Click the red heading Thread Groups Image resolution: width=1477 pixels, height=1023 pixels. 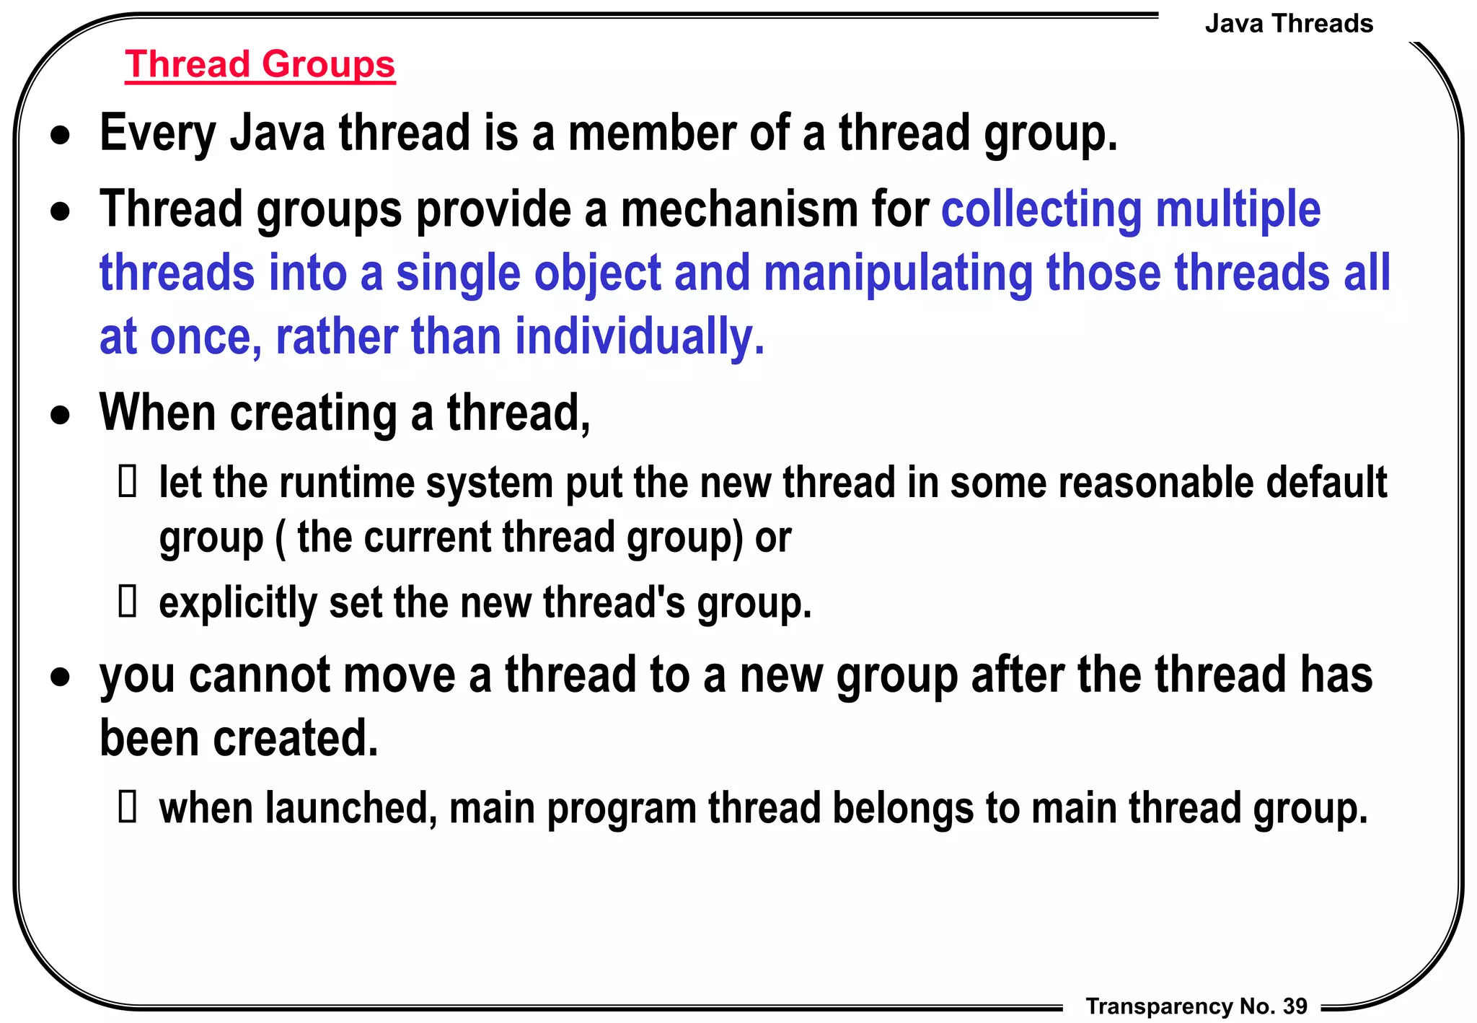(x=260, y=64)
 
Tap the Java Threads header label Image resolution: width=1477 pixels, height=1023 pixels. (x=1288, y=24)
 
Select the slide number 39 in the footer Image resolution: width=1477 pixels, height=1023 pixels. (x=1295, y=1006)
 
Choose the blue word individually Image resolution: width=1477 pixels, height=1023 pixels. (x=639, y=337)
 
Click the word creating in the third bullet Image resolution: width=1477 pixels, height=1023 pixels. (x=313, y=413)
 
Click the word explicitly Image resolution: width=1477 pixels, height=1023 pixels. (x=237, y=602)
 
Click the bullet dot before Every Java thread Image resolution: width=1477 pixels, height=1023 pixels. (x=61, y=136)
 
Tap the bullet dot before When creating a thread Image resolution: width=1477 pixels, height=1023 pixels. (x=61, y=416)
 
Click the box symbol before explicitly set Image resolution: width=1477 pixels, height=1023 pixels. (x=128, y=602)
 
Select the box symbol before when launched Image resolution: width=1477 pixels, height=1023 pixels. (x=128, y=807)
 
